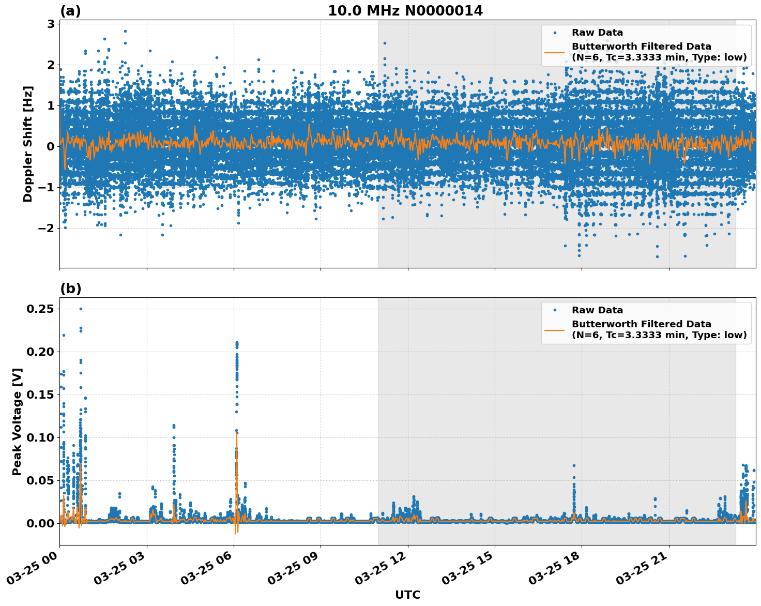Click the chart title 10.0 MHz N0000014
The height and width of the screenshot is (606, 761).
(x=405, y=11)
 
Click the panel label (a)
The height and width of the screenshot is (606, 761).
(x=70, y=11)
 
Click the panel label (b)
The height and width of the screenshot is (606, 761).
(x=70, y=289)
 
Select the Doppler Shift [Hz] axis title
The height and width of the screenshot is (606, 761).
(x=28, y=144)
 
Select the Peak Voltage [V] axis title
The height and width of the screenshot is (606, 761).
(x=17, y=421)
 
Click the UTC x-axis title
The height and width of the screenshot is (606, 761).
(x=407, y=595)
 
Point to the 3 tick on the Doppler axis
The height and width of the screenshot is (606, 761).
(x=51, y=24)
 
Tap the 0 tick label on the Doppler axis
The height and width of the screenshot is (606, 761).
(x=51, y=146)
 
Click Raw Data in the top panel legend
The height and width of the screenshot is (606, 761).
(x=597, y=33)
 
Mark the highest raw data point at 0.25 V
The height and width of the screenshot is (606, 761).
(x=81, y=309)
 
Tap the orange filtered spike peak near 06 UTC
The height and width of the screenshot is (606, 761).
(x=237, y=433)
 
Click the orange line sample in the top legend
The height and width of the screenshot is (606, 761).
(x=555, y=52)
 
